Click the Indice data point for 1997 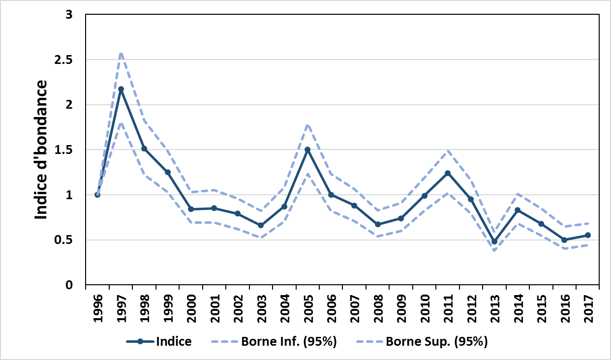pyautogui.click(x=121, y=90)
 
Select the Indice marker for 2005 pyautogui.click(x=307, y=150)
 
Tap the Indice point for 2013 pyautogui.click(x=494, y=241)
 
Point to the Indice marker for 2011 pyautogui.click(x=448, y=173)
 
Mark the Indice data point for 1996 pyautogui.click(x=97, y=195)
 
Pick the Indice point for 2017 pyautogui.click(x=588, y=235)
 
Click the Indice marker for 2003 pyautogui.click(x=261, y=225)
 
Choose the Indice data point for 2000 pyautogui.click(x=191, y=209)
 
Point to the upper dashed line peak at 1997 pyautogui.click(x=121, y=53)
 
